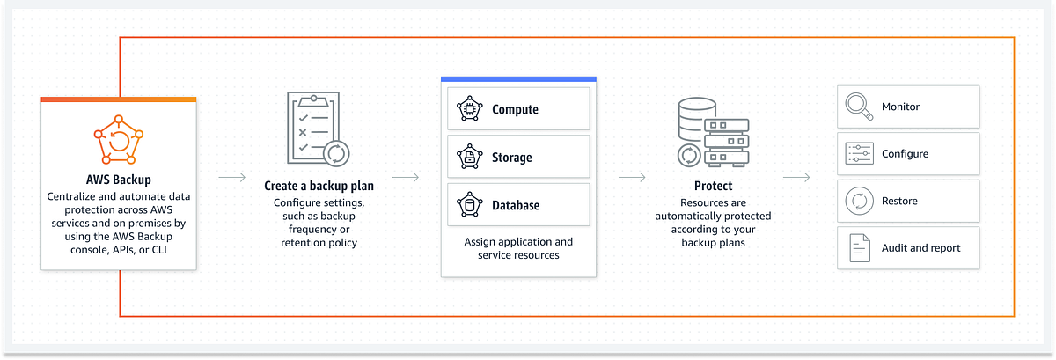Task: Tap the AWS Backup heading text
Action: coord(118,180)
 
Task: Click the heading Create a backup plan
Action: coord(319,187)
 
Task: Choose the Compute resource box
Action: coord(518,109)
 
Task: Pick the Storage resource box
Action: coord(518,158)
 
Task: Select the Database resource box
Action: coord(518,205)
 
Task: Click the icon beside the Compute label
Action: coord(469,109)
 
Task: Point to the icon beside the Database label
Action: coord(469,205)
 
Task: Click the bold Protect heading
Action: coord(713,187)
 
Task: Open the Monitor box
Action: coord(907,107)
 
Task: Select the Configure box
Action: coord(907,154)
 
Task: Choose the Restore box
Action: coord(907,201)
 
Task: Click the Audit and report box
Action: coord(907,248)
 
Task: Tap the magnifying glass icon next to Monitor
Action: coord(857,107)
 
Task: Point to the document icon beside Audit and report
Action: coord(857,248)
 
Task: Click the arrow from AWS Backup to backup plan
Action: coord(231,178)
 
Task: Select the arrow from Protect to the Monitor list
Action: coord(796,178)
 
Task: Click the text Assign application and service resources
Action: coord(518,248)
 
